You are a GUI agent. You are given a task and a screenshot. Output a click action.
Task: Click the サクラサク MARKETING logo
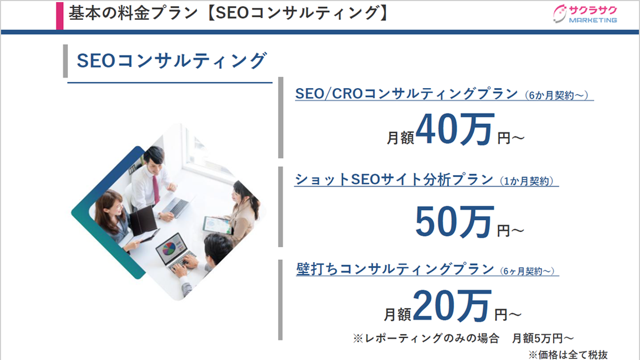pos(585,14)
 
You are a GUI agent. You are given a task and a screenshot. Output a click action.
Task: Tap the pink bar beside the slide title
pos(60,16)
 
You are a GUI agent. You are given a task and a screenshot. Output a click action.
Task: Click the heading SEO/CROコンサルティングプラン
pos(407,93)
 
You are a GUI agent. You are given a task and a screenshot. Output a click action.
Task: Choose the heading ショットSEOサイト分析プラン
pos(394,179)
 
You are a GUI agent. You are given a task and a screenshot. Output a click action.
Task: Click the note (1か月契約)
pos(526,181)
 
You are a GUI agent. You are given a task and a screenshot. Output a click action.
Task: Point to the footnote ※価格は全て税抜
pos(568,355)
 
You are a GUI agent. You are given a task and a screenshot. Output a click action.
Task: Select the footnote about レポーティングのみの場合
pos(463,338)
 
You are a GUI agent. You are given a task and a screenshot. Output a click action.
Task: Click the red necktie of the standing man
pos(155,189)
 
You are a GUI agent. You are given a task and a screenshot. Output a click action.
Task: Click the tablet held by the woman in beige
pos(217,225)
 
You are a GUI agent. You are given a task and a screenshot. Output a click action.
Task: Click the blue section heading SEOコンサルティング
pos(172,61)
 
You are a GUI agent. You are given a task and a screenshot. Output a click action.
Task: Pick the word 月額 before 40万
pos(400,138)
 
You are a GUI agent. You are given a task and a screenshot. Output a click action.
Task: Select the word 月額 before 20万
pos(397,314)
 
